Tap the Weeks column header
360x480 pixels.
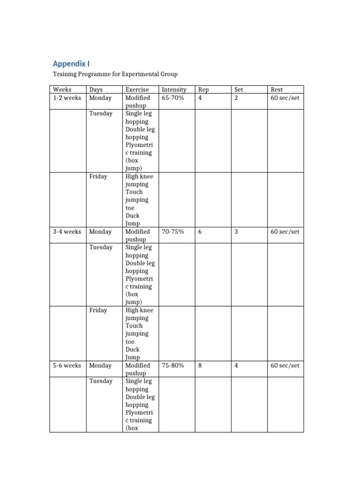[x=62, y=90]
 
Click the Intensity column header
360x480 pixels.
[x=174, y=90]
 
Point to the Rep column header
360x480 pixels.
[x=203, y=90]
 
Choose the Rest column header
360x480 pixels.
[x=277, y=90]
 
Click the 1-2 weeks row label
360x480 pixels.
[x=67, y=98]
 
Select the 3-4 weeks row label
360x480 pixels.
[x=67, y=232]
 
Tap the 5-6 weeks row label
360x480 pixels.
[x=67, y=366]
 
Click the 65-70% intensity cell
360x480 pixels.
[x=173, y=98]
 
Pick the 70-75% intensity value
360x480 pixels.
[x=173, y=232]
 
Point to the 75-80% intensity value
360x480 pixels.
[x=173, y=366]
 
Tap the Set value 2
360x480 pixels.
[x=236, y=98]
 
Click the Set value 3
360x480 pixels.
[x=236, y=232]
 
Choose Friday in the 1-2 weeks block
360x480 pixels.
[x=98, y=177]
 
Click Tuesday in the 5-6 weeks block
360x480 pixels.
[x=101, y=381]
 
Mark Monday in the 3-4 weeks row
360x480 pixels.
[x=100, y=232]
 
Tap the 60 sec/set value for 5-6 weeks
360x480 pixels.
[x=285, y=366]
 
